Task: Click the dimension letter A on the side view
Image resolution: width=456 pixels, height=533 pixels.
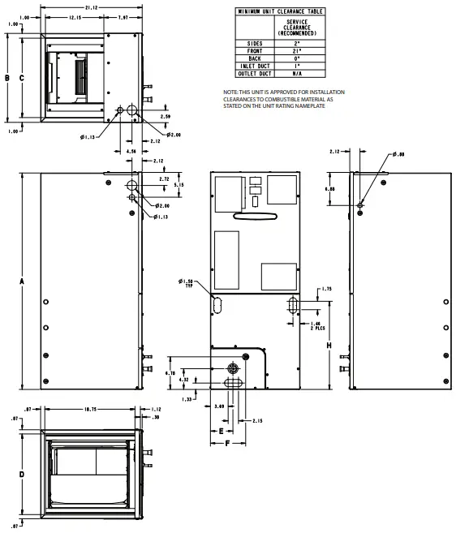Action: tap(22, 281)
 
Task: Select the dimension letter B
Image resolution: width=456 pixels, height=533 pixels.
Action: tap(7, 78)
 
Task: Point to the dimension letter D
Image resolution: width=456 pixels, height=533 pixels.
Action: tap(22, 474)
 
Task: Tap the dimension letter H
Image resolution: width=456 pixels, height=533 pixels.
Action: tap(329, 345)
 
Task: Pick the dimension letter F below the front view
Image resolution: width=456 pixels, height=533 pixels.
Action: tap(228, 444)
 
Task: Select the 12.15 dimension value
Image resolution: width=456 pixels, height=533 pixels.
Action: tap(74, 17)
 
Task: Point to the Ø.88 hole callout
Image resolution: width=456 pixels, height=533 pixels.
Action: tap(398, 154)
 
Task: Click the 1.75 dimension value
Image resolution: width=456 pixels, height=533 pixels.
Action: tap(326, 289)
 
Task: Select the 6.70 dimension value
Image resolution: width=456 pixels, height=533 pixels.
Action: tap(170, 372)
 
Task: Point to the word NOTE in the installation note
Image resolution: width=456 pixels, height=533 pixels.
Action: tap(232, 93)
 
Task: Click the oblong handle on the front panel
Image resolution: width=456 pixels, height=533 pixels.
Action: tap(249, 216)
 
